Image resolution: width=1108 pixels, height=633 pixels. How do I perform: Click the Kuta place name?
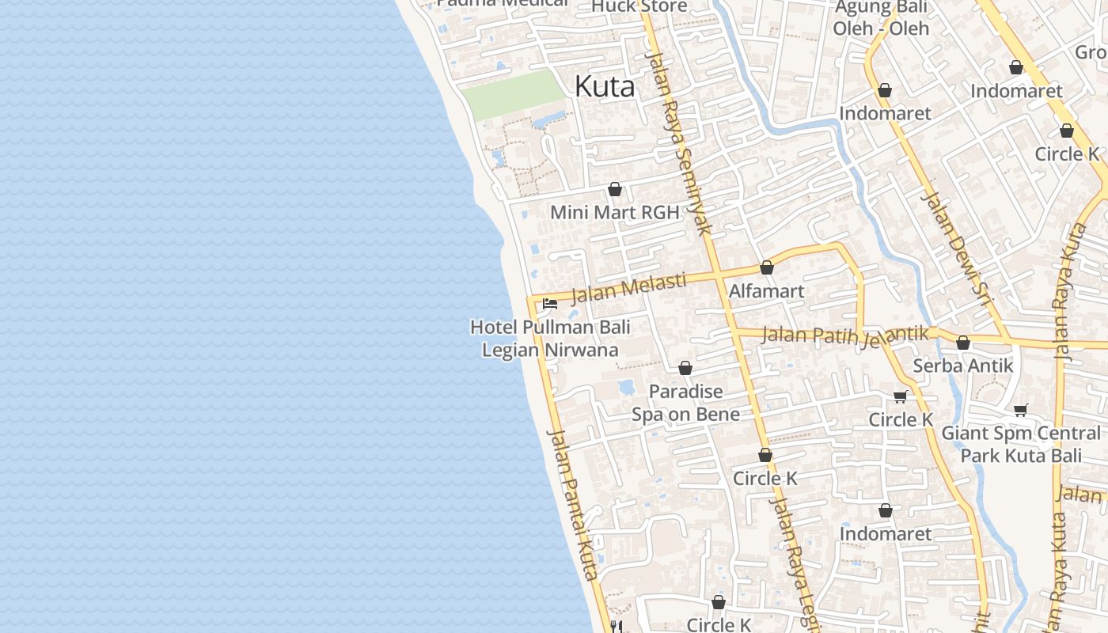605,86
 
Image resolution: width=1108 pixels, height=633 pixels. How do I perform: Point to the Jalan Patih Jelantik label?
844,335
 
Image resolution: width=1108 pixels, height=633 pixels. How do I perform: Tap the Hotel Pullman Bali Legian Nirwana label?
550,338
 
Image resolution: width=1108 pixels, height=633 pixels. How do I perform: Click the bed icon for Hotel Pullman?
550,304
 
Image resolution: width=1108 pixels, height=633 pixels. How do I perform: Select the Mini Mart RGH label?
615,212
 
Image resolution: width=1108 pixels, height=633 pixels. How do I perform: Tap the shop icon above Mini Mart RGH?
615,190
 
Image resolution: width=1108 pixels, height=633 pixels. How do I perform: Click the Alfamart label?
766,291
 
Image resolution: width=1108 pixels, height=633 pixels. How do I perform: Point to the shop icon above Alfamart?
766,268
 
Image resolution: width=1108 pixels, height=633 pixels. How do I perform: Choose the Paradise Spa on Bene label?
685,403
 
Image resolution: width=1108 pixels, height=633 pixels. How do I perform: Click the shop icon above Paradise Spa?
685,369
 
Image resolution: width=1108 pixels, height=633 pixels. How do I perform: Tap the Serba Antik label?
963,366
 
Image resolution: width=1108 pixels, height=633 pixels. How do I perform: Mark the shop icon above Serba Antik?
963,343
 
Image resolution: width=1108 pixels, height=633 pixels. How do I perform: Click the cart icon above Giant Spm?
1021,410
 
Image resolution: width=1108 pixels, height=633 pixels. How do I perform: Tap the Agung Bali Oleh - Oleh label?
881,18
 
